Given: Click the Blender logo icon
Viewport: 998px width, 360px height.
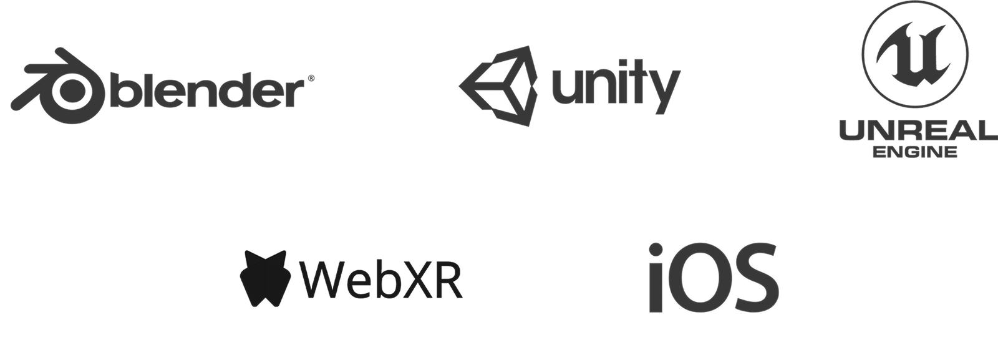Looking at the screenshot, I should coord(59,84).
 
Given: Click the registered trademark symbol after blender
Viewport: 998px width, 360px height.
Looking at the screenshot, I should coord(311,79).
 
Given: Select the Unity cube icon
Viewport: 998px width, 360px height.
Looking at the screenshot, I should coord(499,85).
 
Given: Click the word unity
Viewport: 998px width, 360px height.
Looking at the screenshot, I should coord(614,87).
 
